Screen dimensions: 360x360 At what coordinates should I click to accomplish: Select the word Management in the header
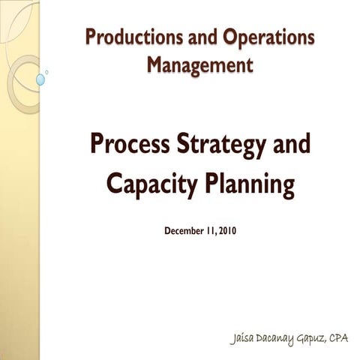199,65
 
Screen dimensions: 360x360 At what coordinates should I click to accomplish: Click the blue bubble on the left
40,79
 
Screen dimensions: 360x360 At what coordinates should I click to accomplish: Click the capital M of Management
155,65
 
